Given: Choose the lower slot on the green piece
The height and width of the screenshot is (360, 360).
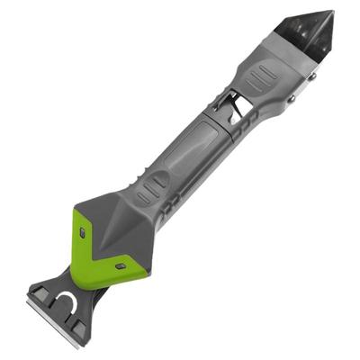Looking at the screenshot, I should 120,266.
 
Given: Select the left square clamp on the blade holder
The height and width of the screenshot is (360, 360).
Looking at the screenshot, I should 40,292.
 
